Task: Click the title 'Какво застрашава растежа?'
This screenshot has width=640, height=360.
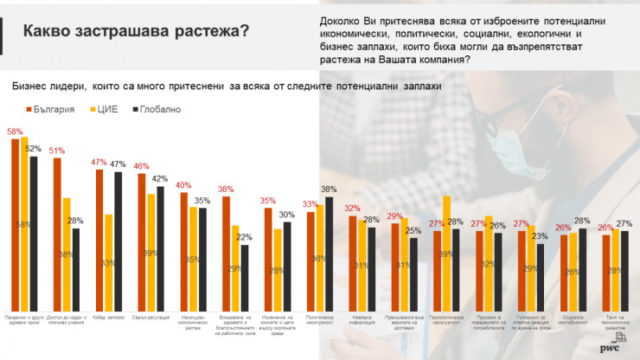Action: click(135, 31)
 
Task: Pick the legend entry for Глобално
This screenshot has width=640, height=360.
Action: click(156, 110)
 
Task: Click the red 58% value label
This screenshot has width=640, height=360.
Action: click(15, 132)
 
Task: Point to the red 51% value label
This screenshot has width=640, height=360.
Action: click(57, 151)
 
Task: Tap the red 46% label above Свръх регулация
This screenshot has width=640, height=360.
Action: click(141, 166)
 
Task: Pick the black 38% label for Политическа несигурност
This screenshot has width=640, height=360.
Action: click(330, 189)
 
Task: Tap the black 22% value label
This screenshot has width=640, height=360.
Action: click(245, 237)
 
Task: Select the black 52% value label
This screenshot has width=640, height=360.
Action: click(34, 149)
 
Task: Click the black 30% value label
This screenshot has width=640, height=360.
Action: click(287, 215)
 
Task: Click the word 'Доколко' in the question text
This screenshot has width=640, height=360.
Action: click(336, 19)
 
